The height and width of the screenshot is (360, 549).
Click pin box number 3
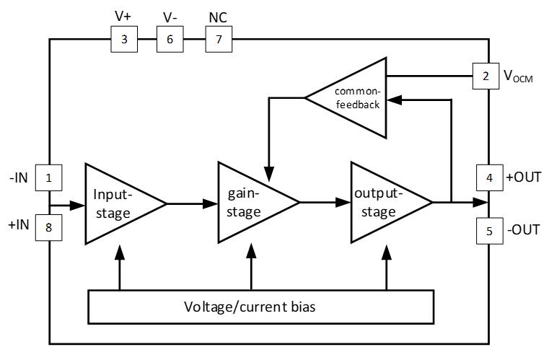(124, 39)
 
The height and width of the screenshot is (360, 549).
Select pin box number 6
(170, 39)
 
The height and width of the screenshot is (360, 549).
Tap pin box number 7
(219, 39)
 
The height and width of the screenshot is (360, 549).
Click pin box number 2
(486, 75)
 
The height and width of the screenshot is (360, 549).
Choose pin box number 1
(48, 177)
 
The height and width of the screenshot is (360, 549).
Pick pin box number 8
(48, 229)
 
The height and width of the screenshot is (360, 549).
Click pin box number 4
(489, 177)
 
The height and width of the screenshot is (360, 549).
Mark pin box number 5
(489, 231)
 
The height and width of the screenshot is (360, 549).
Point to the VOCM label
(518, 76)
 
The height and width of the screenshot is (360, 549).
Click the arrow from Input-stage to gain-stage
(192, 203)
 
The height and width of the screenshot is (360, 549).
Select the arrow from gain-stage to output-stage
(325, 203)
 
